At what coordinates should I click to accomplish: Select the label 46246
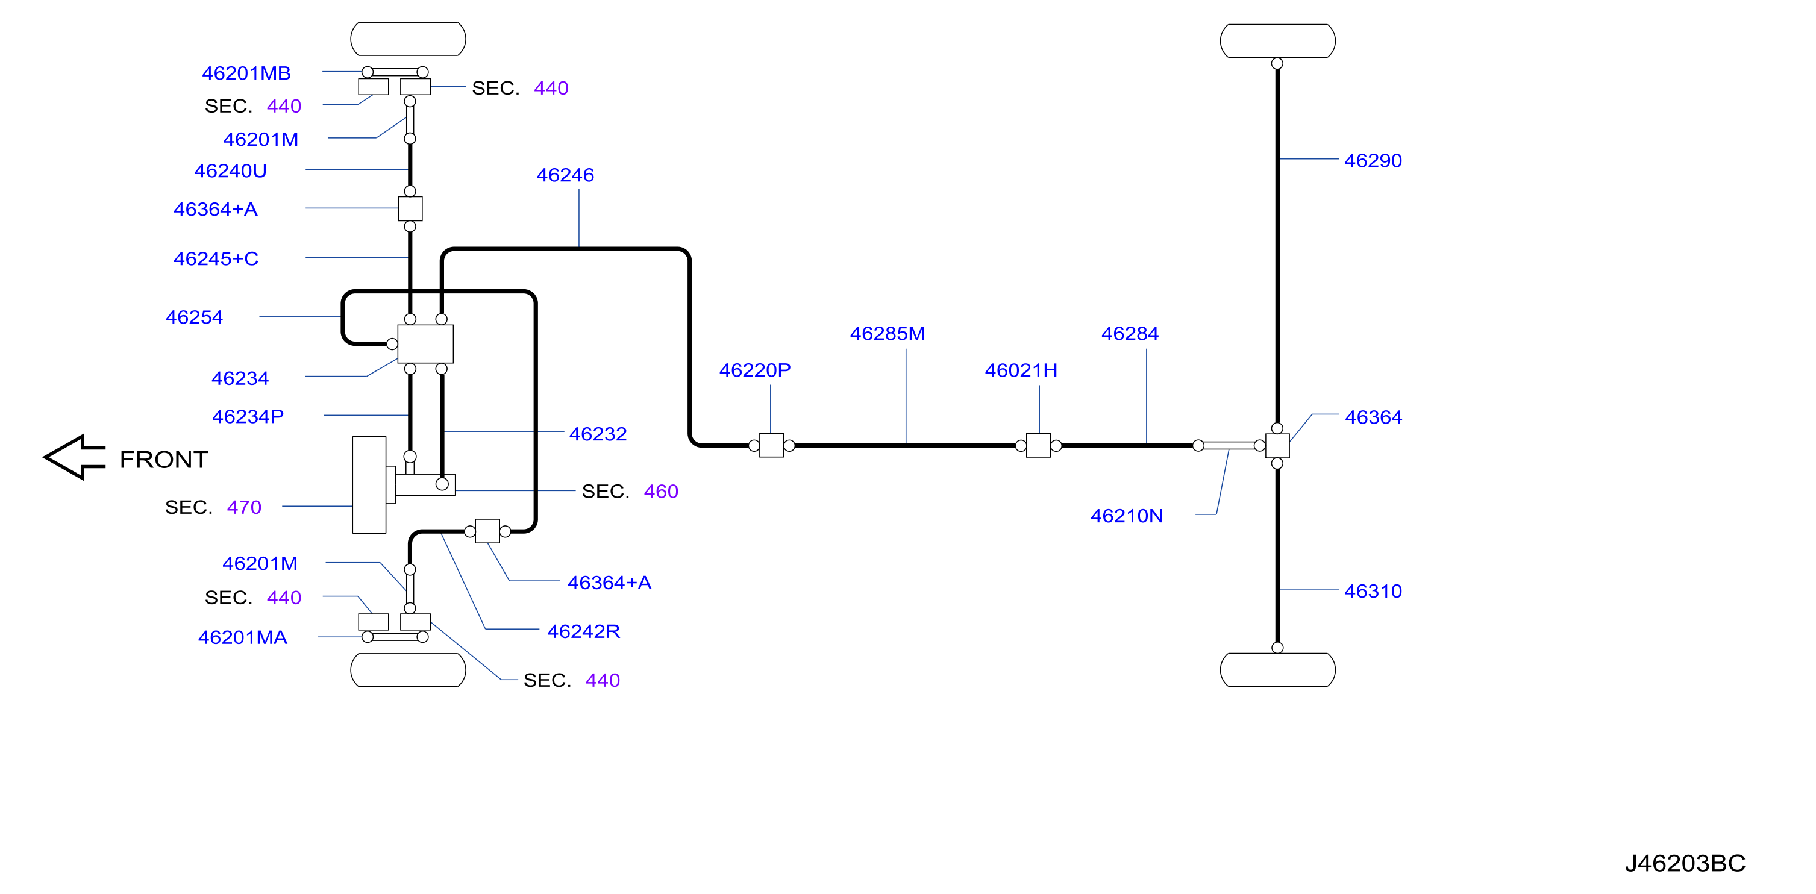click(x=565, y=175)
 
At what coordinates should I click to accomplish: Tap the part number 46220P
click(x=754, y=370)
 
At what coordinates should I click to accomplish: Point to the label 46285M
click(x=887, y=334)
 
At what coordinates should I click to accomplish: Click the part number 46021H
click(x=1021, y=370)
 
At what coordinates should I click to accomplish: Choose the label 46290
click(x=1373, y=161)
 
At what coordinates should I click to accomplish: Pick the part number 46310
click(x=1373, y=591)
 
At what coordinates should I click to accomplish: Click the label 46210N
click(x=1127, y=516)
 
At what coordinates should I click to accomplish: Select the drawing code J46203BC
click(x=1685, y=863)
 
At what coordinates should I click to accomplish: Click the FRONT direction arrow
click(x=75, y=457)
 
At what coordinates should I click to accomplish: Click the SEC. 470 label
click(x=213, y=508)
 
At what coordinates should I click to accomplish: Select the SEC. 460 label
click(x=630, y=492)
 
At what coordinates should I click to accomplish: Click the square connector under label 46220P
click(x=771, y=446)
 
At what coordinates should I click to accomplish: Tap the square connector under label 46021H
click(x=1038, y=446)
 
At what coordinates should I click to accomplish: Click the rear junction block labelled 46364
click(x=1277, y=446)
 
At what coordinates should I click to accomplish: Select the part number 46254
click(x=194, y=317)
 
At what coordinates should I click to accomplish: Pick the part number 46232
click(x=598, y=434)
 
